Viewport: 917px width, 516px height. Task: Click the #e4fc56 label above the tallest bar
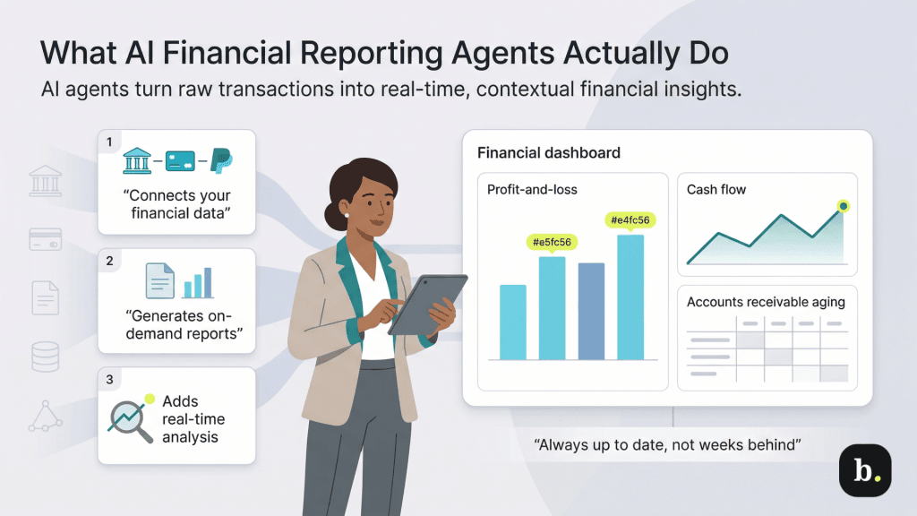(630, 220)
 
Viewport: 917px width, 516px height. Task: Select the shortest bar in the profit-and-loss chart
(512, 322)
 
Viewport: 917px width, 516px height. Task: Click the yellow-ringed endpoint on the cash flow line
(843, 207)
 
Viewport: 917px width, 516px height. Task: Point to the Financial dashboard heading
(548, 153)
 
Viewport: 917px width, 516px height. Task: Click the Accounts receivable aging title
(766, 302)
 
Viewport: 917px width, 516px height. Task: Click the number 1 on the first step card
(109, 142)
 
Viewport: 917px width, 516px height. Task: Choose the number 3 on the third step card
(109, 380)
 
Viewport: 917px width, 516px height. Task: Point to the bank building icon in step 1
(136, 163)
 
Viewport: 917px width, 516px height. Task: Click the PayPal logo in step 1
(220, 162)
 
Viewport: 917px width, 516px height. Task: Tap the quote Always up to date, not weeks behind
(665, 443)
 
